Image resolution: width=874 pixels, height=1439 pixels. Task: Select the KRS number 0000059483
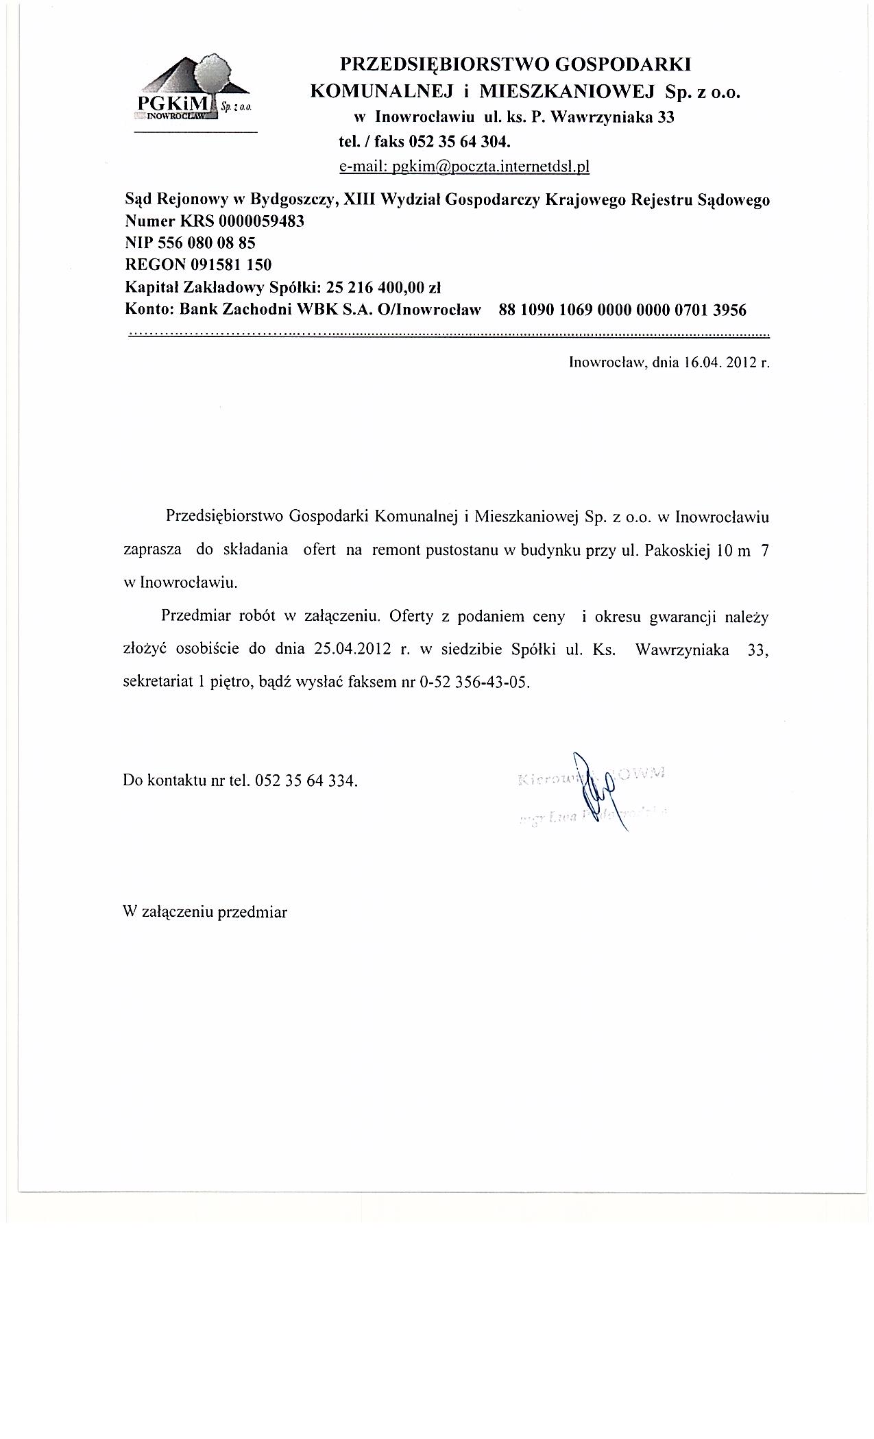coord(261,221)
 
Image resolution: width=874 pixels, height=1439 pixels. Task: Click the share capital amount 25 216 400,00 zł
coord(387,286)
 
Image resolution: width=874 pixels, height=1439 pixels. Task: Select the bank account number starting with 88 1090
coord(622,310)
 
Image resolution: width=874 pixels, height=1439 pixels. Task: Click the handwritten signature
coord(595,791)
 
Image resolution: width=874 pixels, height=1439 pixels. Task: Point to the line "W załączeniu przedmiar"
coord(205,912)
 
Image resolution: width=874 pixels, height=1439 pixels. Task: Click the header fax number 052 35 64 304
coord(459,143)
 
